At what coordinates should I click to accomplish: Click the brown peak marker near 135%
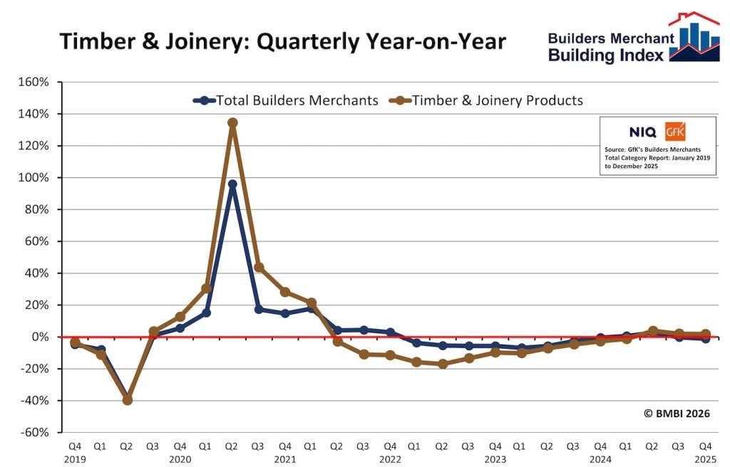coord(232,122)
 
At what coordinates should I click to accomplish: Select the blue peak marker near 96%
coord(232,184)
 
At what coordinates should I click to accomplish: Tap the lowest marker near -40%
coord(128,400)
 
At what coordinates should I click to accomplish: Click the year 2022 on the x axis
coord(390,460)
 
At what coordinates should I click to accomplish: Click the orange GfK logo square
coord(675,132)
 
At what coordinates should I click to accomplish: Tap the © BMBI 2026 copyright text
coord(677,413)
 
